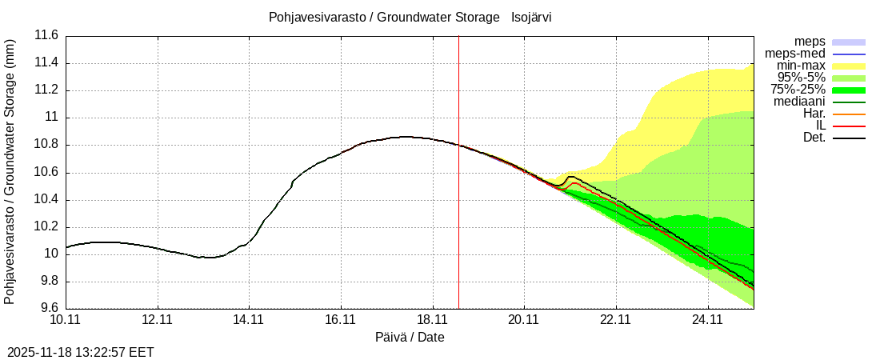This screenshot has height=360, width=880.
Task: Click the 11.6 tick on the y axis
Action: (x=46, y=36)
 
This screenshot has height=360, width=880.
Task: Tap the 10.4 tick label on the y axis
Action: (x=46, y=200)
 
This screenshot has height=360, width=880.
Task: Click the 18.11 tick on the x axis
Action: (x=433, y=321)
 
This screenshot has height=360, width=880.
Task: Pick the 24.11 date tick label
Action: (x=708, y=321)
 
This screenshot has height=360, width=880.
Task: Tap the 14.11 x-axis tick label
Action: (x=249, y=321)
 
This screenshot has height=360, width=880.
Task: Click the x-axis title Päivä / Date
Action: (x=410, y=338)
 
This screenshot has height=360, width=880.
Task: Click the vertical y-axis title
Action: (x=10, y=172)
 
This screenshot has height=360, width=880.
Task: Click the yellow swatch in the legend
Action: (x=849, y=66)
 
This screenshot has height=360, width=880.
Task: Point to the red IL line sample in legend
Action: (x=849, y=126)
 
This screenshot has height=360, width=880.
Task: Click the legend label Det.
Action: (x=814, y=138)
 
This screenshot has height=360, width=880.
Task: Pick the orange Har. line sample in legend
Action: (x=849, y=114)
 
